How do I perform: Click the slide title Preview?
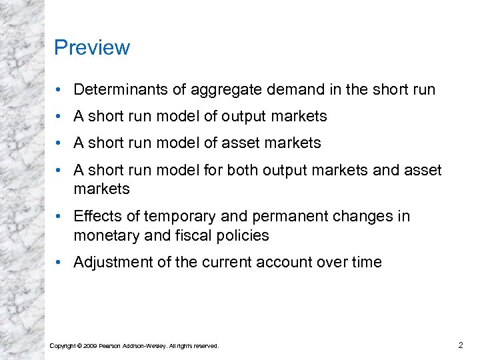92,48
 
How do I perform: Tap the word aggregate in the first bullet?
216,89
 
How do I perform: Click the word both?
243,170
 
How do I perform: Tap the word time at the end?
366,263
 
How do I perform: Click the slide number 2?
460,345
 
